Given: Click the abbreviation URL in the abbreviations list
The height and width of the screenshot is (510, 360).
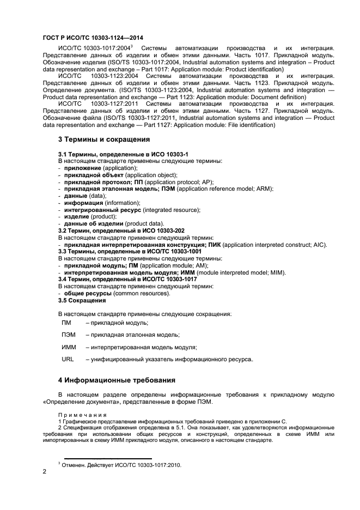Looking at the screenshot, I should coord(68,360).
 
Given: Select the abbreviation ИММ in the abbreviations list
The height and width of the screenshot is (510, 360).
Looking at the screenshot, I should coord(69,347).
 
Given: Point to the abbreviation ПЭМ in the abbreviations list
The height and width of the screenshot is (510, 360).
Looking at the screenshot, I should coord(69,335).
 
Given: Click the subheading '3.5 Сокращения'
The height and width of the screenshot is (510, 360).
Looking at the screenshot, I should coord(82,300).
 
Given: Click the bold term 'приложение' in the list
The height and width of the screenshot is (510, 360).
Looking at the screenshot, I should coord(82,168).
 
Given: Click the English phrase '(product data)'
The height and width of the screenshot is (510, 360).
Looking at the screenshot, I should coord(144,223).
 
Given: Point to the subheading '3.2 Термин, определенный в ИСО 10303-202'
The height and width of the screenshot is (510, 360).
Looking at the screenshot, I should coord(121,230).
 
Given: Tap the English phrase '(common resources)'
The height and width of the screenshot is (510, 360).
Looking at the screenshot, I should coord(142,293).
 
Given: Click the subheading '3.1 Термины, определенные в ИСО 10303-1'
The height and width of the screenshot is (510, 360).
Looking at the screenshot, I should coord(115,155).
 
